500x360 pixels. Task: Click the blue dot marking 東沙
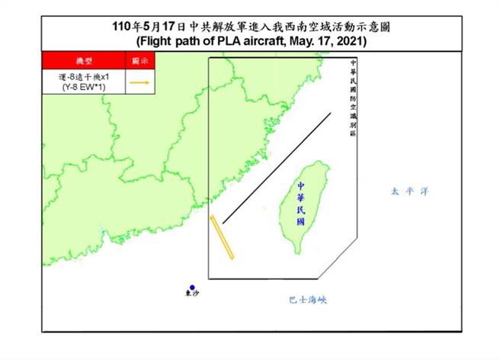click(192, 287)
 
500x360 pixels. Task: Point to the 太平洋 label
click(405, 191)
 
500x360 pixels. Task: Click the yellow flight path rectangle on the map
click(222, 238)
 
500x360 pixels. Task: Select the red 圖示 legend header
click(140, 60)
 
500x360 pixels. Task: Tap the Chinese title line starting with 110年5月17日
click(252, 27)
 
